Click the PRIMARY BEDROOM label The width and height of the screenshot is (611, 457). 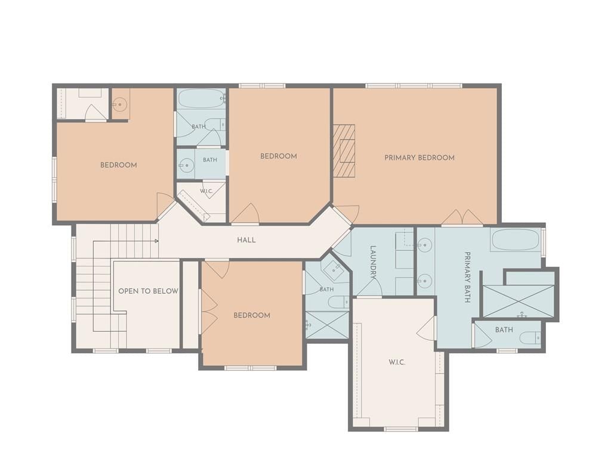click(419, 158)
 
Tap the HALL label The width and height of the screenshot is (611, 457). click(246, 240)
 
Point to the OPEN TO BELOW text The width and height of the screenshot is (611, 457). click(148, 291)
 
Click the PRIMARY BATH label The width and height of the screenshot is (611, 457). click(468, 277)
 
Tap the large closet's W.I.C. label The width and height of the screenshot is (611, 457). click(397, 362)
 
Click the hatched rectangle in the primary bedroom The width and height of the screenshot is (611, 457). click(344, 151)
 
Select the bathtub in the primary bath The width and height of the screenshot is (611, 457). click(516, 240)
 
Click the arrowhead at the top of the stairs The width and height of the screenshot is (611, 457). click(157, 241)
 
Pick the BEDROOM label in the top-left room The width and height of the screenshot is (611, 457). click(119, 165)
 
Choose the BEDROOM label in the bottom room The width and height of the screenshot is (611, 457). click(252, 315)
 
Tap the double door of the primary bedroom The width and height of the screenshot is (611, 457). click(462, 217)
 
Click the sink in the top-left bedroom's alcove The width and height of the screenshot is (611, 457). click(121, 104)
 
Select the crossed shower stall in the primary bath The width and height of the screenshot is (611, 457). click(519, 301)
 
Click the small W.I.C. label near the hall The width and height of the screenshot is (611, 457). click(206, 191)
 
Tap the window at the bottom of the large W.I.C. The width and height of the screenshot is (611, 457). click(401, 430)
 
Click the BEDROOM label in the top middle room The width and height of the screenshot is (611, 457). click(279, 156)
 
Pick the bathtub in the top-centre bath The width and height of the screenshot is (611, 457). click(201, 98)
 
